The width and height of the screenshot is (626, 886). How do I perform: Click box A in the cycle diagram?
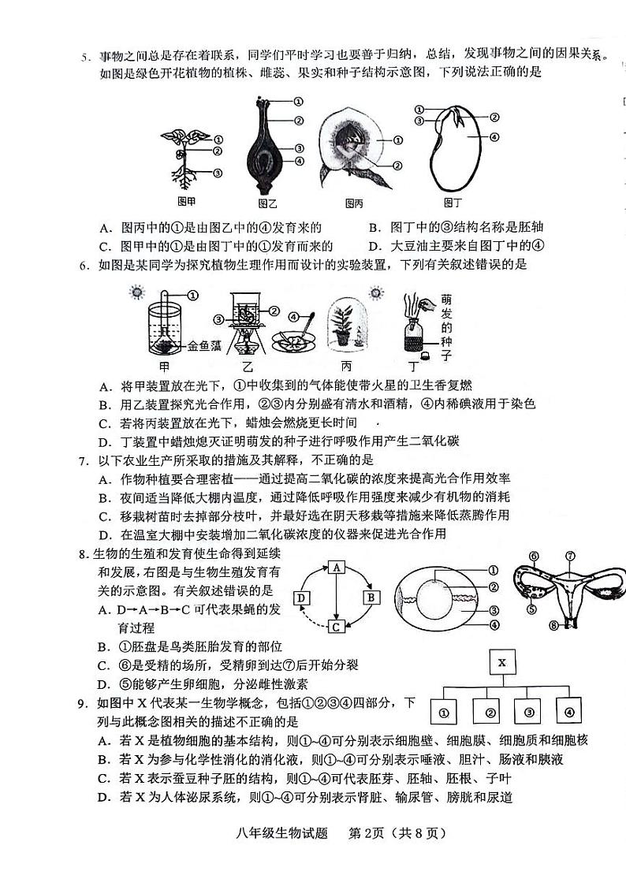[x=336, y=567]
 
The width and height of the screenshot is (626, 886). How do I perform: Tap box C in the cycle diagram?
[x=336, y=627]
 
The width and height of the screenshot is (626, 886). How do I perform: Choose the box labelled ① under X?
[x=444, y=712]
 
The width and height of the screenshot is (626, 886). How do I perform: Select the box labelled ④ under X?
[x=567, y=712]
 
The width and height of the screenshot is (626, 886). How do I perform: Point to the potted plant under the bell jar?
[x=343, y=329]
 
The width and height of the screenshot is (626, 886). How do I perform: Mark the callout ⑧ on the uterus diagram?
[x=553, y=627]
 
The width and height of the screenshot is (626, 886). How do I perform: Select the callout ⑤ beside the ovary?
[x=534, y=609]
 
